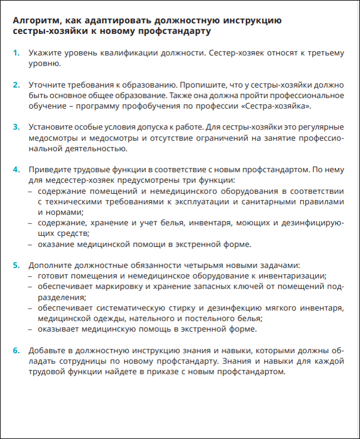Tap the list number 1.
(x=16, y=54)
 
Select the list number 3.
(x=16, y=127)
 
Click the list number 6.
(x=16, y=350)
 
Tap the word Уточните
(x=49, y=85)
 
